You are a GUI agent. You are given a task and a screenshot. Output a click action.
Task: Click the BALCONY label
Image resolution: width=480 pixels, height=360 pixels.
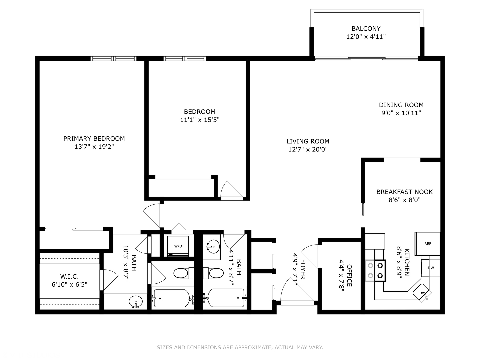[366, 29]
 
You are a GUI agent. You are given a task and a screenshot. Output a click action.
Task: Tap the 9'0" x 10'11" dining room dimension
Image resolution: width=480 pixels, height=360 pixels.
[401, 113]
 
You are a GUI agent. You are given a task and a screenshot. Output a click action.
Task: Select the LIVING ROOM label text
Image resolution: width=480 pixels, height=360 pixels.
[308, 141]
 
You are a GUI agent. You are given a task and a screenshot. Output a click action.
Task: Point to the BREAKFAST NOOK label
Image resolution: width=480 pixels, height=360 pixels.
[404, 192]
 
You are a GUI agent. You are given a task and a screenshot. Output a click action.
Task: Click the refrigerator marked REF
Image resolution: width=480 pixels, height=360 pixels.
[427, 244]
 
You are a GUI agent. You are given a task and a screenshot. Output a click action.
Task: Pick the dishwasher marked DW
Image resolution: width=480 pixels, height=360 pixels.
[430, 268]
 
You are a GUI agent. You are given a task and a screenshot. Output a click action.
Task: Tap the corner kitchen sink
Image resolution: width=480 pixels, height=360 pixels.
[422, 292]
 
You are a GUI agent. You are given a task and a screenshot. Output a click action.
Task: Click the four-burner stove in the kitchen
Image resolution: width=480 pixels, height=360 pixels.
[375, 270]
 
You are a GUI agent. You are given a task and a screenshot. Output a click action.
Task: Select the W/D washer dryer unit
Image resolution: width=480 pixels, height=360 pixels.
[178, 246]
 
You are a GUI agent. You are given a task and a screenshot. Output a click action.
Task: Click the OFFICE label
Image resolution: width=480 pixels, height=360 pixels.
[349, 275]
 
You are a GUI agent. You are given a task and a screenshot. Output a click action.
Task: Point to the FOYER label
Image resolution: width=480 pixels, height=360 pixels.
[303, 269]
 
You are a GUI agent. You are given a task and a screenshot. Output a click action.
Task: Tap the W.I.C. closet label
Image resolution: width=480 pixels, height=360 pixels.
[69, 277]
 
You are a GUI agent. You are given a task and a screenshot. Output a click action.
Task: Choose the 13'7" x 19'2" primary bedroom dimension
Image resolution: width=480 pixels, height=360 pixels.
[94, 147]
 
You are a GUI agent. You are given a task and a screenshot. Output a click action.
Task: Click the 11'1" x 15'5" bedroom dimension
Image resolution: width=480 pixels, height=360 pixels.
[200, 120]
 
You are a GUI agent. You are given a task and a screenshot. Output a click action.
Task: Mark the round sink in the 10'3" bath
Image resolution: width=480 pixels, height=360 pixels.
[136, 302]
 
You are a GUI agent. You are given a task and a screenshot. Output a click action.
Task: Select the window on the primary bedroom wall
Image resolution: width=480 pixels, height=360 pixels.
[113, 59]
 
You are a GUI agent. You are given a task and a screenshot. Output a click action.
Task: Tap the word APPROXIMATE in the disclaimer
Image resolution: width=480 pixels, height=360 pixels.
[253, 347]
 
